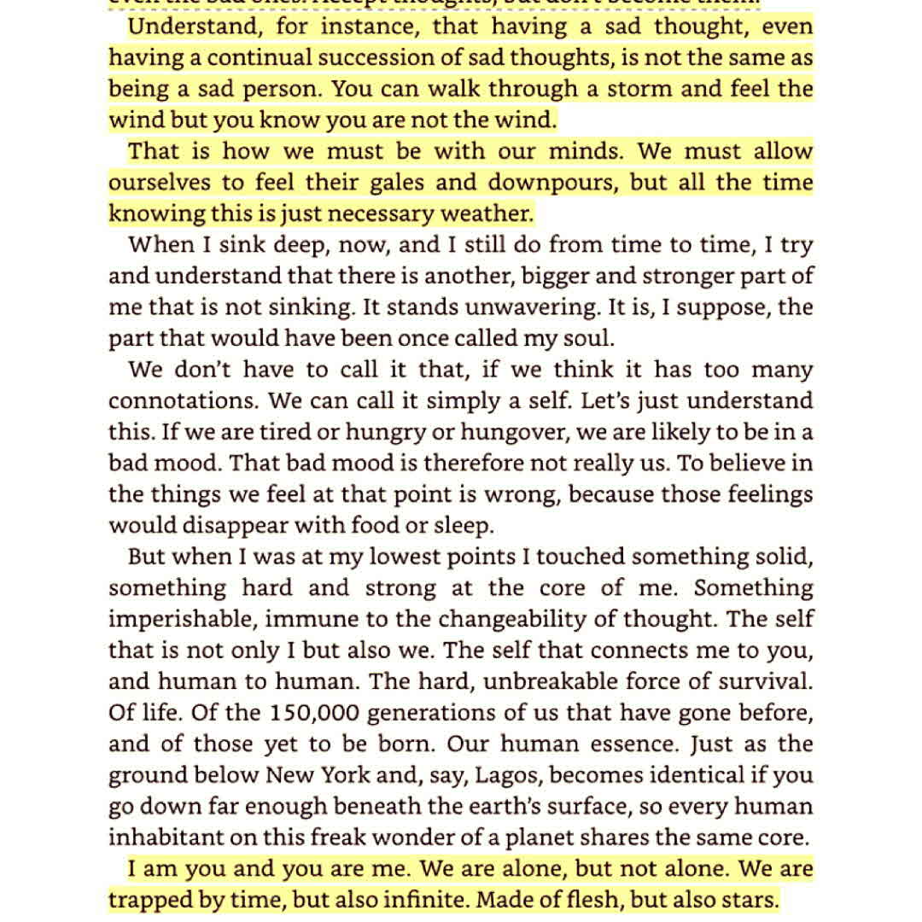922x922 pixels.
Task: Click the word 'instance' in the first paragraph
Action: [367, 26]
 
